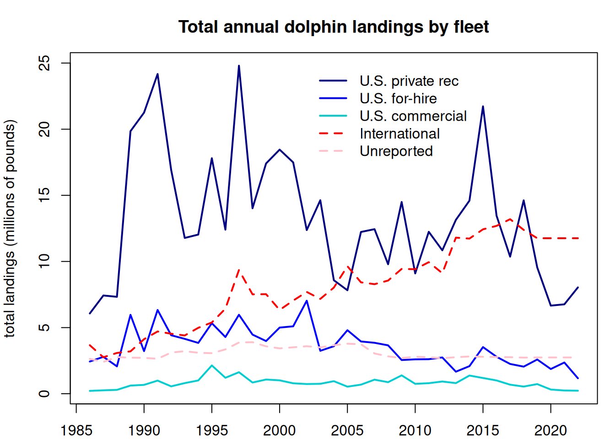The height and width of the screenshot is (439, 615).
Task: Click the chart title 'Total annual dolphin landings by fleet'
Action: [x=334, y=27]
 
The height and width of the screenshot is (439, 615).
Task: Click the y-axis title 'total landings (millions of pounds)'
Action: [x=10, y=229]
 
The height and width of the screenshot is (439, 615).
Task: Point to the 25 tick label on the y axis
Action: [x=44, y=63]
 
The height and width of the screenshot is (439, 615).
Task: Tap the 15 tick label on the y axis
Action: [x=44, y=195]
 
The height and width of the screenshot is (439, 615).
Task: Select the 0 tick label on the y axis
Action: [x=44, y=394]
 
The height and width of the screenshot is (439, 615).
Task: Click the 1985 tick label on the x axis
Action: [x=76, y=430]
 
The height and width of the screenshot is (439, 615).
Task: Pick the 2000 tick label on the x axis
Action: [x=280, y=430]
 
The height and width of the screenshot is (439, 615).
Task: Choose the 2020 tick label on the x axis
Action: [x=550, y=430]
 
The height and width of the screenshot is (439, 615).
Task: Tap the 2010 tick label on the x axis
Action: [x=415, y=430]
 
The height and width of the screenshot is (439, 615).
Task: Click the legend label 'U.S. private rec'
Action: [x=409, y=81]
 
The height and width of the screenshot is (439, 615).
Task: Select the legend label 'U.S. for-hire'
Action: [x=398, y=98]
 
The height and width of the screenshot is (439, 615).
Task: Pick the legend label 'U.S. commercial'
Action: [x=413, y=116]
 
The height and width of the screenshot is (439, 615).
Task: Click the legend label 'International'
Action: [x=399, y=134]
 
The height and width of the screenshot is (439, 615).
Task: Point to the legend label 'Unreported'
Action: [x=396, y=151]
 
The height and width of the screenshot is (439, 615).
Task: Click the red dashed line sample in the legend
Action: [x=333, y=134]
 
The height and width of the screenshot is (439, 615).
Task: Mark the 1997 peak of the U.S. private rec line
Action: [x=239, y=66]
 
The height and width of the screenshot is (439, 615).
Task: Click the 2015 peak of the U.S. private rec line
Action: [x=483, y=107]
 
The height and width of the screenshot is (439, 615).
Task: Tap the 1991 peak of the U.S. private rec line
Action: [x=157, y=74]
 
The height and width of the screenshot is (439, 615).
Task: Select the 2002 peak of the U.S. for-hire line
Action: [x=307, y=300]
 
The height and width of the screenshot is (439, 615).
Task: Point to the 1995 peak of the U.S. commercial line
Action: [x=212, y=365]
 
